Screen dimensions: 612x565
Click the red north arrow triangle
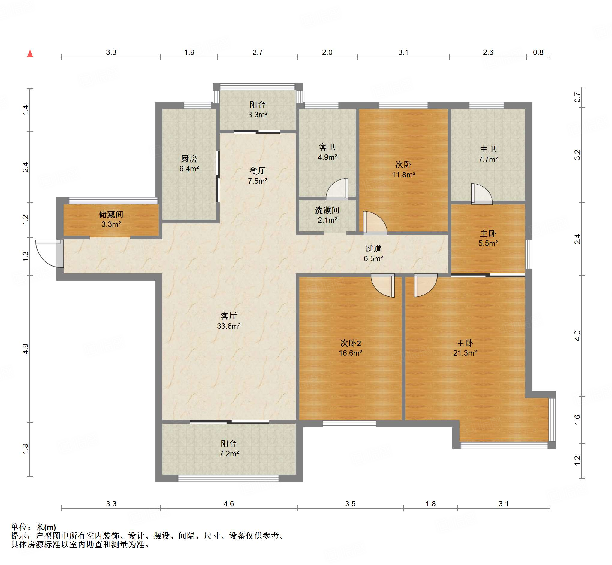(x=30, y=53)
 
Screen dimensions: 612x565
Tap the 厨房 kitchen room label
(x=189, y=159)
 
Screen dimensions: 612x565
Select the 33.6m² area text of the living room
(x=229, y=326)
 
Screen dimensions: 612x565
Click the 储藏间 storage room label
(x=111, y=214)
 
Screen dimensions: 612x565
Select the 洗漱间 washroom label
(x=327, y=210)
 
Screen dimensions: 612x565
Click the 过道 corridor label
(x=373, y=249)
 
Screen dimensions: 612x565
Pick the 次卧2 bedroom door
(x=383, y=286)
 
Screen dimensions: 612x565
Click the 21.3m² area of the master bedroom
(x=465, y=353)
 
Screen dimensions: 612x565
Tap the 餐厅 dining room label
(x=258, y=171)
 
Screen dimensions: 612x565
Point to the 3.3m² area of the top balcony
(x=258, y=115)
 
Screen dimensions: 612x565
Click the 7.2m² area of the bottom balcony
(x=229, y=454)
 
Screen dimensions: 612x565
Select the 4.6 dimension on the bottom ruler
(x=229, y=504)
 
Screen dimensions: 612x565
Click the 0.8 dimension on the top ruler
(x=538, y=52)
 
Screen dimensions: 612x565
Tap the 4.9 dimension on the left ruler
(x=25, y=349)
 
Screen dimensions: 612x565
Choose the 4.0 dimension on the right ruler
(x=577, y=336)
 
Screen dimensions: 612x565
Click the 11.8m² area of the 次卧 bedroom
(x=403, y=175)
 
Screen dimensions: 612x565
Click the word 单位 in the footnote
(x=19, y=527)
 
